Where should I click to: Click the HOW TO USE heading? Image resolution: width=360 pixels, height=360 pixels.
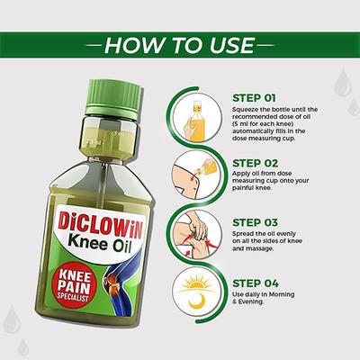(x=179, y=45)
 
